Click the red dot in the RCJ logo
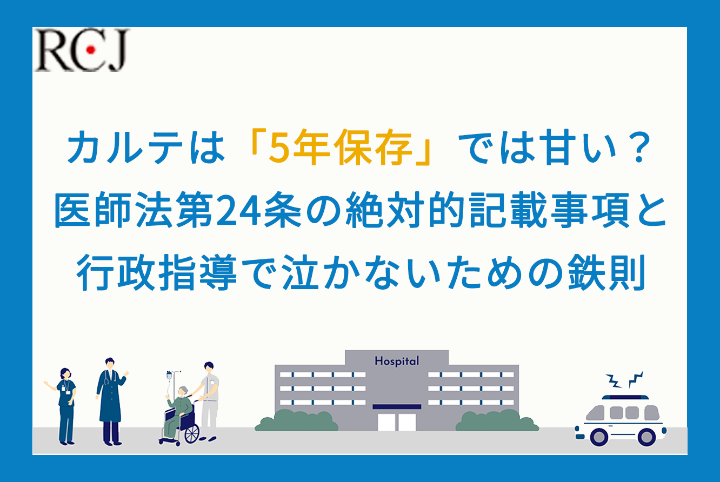(91, 50)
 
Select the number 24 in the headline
(238, 210)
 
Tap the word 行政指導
(157, 273)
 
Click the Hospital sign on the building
(397, 361)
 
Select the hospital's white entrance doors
(397, 422)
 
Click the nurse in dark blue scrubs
(65, 406)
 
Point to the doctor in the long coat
(111, 401)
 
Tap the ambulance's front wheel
(599, 437)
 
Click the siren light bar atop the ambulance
(625, 397)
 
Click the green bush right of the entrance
(497, 420)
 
